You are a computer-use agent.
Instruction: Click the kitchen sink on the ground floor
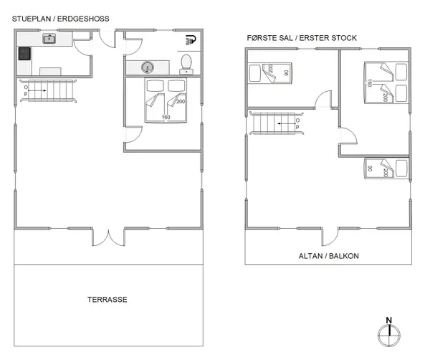coord(50,39)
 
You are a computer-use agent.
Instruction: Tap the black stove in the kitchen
coord(24,54)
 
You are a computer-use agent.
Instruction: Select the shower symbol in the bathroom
coord(190,40)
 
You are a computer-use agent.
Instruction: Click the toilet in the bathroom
coord(186,64)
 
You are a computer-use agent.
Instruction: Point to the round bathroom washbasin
coord(148,67)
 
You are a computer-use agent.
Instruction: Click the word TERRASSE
coord(107,300)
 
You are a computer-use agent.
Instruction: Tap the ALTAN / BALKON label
coord(328,256)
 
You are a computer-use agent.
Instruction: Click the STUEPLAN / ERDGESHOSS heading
coord(60,19)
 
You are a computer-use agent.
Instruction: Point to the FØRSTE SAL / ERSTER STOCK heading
coord(302,38)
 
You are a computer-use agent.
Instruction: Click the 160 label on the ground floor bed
coord(166,117)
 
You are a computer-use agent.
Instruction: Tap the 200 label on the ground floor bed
coord(180,101)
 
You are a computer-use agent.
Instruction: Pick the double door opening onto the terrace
coord(108,237)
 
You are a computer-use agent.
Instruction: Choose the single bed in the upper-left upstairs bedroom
coord(268,72)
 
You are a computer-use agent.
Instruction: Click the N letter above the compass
coord(388,321)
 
